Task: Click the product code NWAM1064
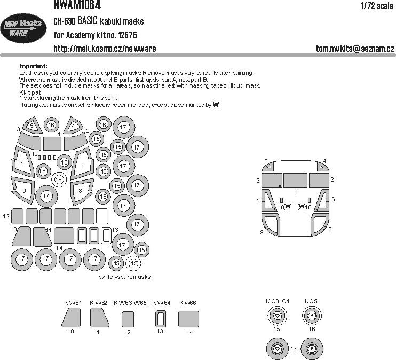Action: (78, 5)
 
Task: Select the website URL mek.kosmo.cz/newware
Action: (105, 49)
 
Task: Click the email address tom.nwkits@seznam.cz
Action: (355, 49)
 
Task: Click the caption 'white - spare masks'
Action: (125, 277)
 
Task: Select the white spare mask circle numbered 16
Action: (59, 179)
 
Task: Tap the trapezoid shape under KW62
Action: (99, 319)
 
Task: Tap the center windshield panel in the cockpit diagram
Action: (296, 180)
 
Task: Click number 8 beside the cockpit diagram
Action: (330, 229)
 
